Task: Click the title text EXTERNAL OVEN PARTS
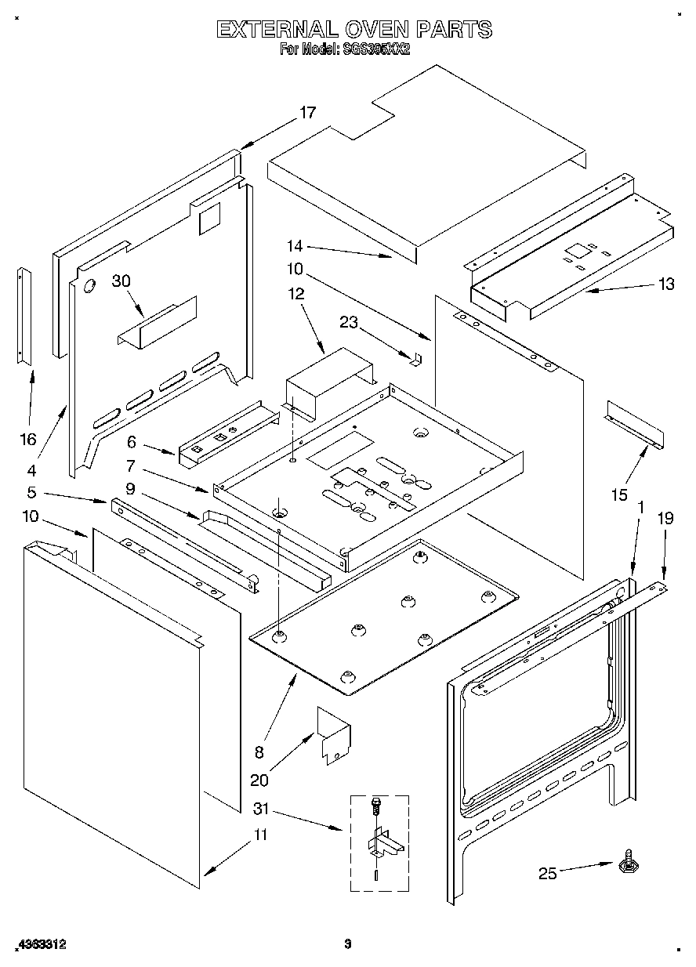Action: click(354, 30)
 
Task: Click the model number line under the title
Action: click(346, 49)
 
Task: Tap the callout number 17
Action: click(306, 113)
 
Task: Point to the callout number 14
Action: click(293, 247)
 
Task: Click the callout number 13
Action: click(665, 284)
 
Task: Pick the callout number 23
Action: click(349, 321)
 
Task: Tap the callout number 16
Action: click(27, 440)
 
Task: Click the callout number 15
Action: click(618, 494)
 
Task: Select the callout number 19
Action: click(665, 518)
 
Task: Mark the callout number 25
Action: click(547, 873)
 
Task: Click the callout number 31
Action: click(263, 808)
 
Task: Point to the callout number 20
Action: click(259, 780)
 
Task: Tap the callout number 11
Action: click(259, 835)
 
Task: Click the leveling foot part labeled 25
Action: click(628, 863)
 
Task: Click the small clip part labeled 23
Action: click(417, 358)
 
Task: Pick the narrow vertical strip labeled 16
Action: click(25, 316)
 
